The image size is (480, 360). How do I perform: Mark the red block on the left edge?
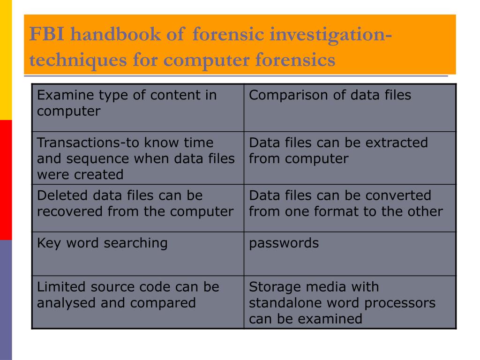[x=6, y=180]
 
